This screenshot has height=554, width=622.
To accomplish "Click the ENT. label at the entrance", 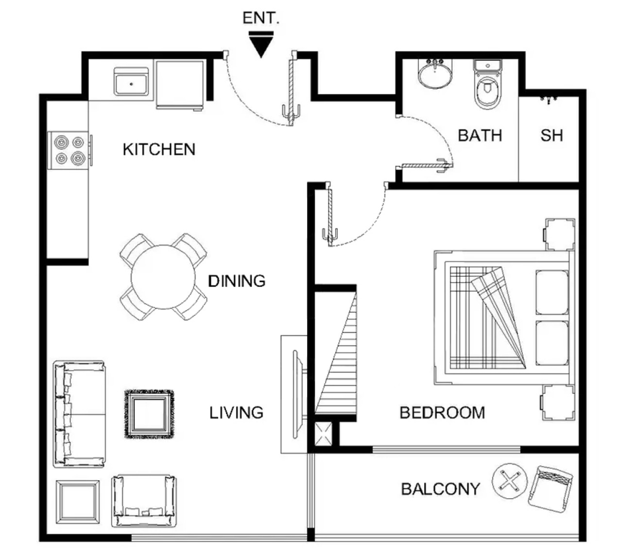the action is (x=260, y=18).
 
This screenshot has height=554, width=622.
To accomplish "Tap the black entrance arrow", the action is (x=260, y=45).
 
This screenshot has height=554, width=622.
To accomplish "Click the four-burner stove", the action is (x=69, y=150).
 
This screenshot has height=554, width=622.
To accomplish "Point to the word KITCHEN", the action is (x=159, y=150).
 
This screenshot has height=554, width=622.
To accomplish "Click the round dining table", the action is (x=163, y=276).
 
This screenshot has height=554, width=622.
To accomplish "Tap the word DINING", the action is (x=237, y=281).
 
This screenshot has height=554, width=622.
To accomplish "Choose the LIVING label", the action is (x=236, y=413).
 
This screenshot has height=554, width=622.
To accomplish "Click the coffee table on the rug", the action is (x=150, y=414).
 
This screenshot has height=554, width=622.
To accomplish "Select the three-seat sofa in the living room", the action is (x=79, y=414).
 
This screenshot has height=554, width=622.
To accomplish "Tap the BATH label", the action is (x=480, y=135).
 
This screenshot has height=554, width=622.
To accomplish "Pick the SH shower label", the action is (x=552, y=135).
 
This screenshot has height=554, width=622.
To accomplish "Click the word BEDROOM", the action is (x=442, y=413).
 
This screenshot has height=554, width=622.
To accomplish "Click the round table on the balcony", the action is (x=510, y=481).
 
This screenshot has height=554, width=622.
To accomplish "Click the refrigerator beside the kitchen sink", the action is (x=180, y=84).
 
